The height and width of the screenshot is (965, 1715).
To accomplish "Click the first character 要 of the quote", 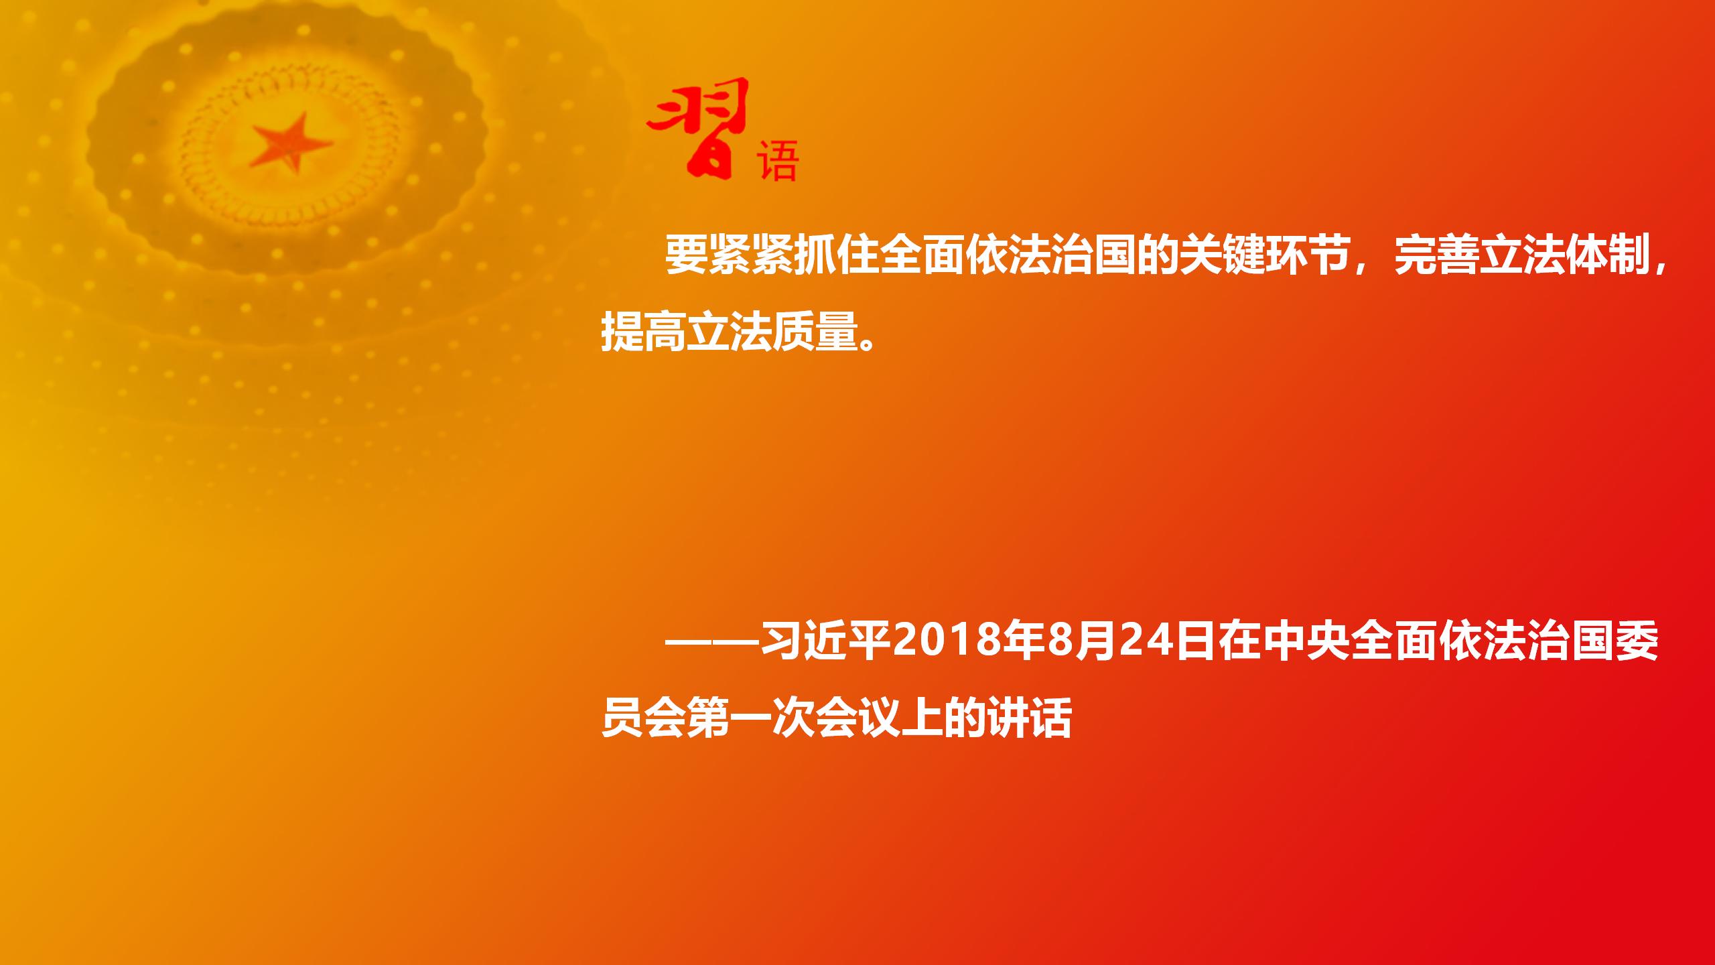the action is pyautogui.click(x=686, y=255).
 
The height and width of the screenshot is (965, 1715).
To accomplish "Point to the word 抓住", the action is pyautogui.click(x=836, y=255).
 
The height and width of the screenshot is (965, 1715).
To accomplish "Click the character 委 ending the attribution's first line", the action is pyautogui.click(x=1637, y=641).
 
